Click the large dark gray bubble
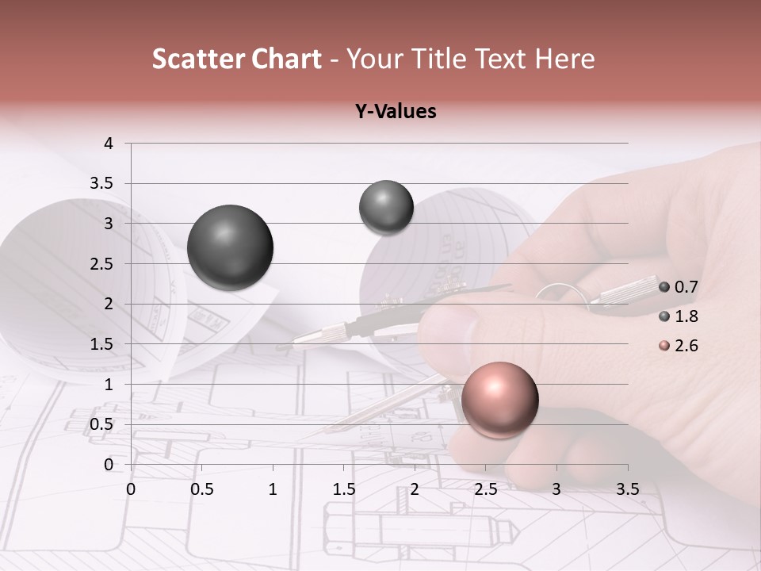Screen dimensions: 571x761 pos(230,247)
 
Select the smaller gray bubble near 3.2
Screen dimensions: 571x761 pos(386,207)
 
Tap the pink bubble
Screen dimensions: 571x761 pos(499,399)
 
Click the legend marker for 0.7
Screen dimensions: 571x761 pos(664,287)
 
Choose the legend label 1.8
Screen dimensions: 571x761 pos(686,316)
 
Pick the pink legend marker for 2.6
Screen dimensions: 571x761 pos(664,346)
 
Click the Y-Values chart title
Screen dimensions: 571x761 pos(396,112)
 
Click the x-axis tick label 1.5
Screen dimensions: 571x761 pos(343,490)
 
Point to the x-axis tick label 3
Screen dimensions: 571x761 pos(556,490)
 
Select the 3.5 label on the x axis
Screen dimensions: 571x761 pos(627,490)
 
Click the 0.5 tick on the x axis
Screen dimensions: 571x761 pos(202,490)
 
